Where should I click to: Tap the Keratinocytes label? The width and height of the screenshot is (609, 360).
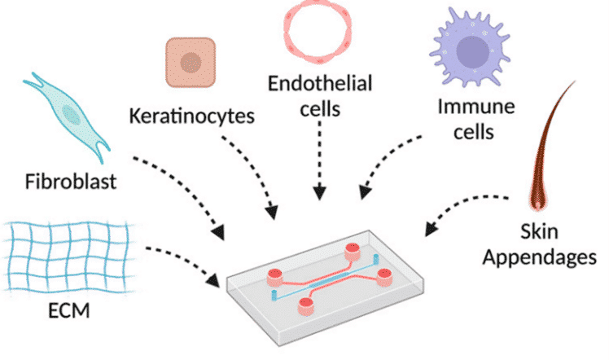193,115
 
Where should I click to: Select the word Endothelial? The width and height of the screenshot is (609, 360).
319,83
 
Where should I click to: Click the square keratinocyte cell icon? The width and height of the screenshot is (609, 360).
191,63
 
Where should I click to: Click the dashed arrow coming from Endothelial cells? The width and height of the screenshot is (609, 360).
320,163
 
